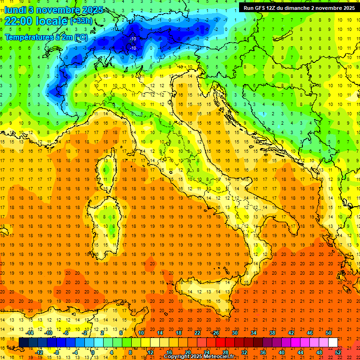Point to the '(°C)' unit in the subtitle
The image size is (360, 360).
80,37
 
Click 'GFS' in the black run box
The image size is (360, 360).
265,8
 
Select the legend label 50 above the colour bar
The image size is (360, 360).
329,333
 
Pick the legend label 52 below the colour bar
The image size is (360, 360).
338,352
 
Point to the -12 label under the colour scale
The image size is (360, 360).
39,352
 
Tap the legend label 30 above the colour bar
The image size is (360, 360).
235,333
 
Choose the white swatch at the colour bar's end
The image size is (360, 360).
333,342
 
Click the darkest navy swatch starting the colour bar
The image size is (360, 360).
23,342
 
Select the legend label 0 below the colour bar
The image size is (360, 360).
93,352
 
